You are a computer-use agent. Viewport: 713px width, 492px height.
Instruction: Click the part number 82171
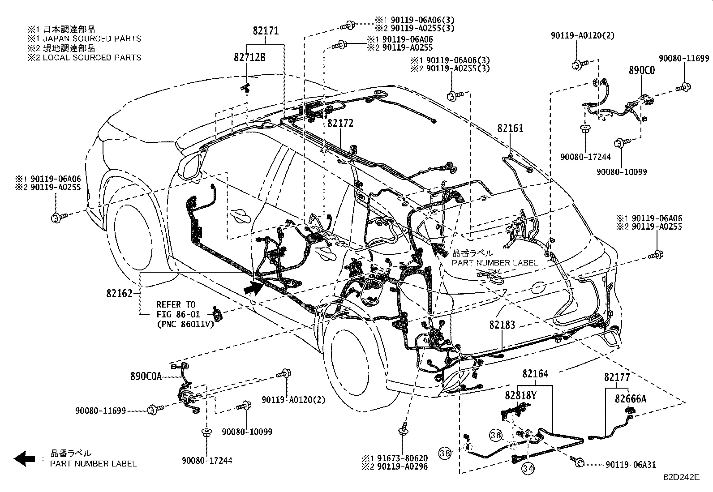[x=266, y=31]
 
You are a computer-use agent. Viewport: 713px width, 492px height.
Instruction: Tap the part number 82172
[x=340, y=123]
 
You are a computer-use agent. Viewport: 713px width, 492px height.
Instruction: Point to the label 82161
[x=510, y=128]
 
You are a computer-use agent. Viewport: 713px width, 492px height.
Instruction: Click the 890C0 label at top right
[x=641, y=70]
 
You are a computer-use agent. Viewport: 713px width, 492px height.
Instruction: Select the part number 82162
[x=120, y=293]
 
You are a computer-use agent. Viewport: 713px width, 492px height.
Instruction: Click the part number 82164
[x=535, y=373]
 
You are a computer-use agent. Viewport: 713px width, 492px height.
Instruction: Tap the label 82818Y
[x=521, y=396]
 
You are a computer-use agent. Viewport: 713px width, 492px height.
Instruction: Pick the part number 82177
[x=617, y=377]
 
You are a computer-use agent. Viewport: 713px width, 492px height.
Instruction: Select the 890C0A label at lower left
[x=146, y=377]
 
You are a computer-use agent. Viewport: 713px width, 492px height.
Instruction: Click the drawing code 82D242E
[x=681, y=477]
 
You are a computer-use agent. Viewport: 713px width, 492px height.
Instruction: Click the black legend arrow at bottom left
[x=25, y=458]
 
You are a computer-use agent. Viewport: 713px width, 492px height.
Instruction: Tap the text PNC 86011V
[x=185, y=324]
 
